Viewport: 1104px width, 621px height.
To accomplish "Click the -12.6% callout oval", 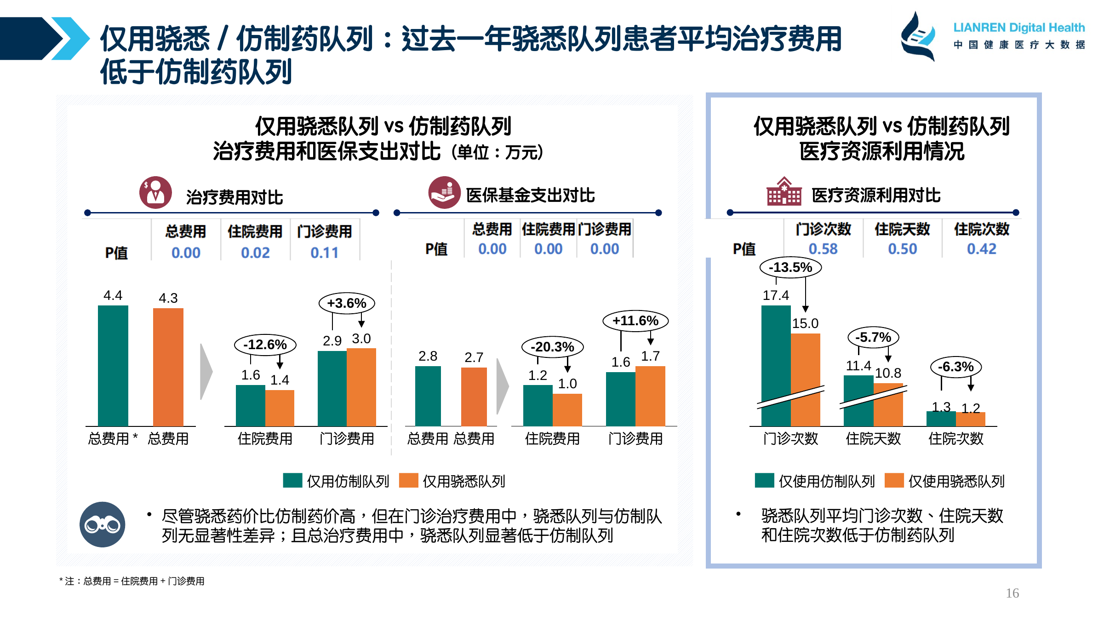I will pyautogui.click(x=265, y=345).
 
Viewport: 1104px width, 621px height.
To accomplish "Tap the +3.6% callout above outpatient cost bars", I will pyautogui.click(x=347, y=303).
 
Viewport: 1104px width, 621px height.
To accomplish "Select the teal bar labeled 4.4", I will pyautogui.click(x=113, y=366).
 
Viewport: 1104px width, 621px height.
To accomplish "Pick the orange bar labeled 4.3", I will pyautogui.click(x=168, y=367).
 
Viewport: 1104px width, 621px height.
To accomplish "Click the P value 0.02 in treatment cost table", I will pyautogui.click(x=255, y=253).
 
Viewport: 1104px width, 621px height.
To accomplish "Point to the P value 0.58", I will pyautogui.click(x=823, y=249).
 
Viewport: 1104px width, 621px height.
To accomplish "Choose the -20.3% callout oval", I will pyautogui.click(x=552, y=347).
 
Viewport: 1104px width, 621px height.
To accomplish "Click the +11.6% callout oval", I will pyautogui.click(x=635, y=321).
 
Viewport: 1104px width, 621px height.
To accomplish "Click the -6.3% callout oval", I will pyautogui.click(x=956, y=367).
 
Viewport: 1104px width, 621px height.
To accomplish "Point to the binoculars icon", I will pyautogui.click(x=102, y=524).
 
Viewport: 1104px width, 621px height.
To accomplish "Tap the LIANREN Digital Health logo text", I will pyautogui.click(x=1019, y=28).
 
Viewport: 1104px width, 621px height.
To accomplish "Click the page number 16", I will pyautogui.click(x=1012, y=593).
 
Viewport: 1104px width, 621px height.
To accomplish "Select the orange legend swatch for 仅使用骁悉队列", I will pyautogui.click(x=894, y=480).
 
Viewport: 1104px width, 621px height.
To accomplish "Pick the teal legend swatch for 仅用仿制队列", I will pyautogui.click(x=292, y=480).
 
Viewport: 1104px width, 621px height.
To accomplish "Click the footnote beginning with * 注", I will pyautogui.click(x=132, y=581).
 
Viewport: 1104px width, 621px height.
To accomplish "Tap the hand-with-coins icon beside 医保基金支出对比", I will pyautogui.click(x=444, y=192).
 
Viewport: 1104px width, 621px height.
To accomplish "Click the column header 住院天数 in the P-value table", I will pyautogui.click(x=902, y=229).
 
